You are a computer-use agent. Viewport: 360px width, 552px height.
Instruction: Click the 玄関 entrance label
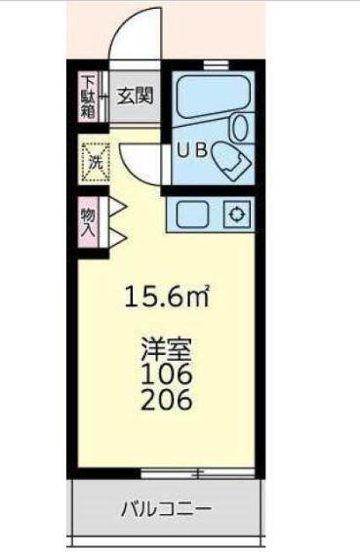135,96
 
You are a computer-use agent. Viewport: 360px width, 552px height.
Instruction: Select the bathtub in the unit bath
213,96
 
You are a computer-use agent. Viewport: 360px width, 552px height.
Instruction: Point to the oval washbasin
241,127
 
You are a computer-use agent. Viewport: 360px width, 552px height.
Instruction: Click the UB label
192,150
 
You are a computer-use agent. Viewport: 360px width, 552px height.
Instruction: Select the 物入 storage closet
88,222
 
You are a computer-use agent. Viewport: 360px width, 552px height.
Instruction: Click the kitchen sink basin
192,215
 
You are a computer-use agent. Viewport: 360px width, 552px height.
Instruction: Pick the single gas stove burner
236,214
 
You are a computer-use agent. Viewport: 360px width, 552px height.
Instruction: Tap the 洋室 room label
167,349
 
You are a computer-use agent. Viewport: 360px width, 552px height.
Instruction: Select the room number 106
167,375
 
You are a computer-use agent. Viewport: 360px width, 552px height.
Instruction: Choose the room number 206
167,399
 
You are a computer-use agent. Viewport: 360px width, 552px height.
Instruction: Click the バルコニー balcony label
167,509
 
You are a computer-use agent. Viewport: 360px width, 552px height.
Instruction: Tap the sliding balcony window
197,473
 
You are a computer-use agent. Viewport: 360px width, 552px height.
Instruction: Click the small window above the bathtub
216,64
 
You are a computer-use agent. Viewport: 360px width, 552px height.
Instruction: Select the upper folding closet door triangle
117,209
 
